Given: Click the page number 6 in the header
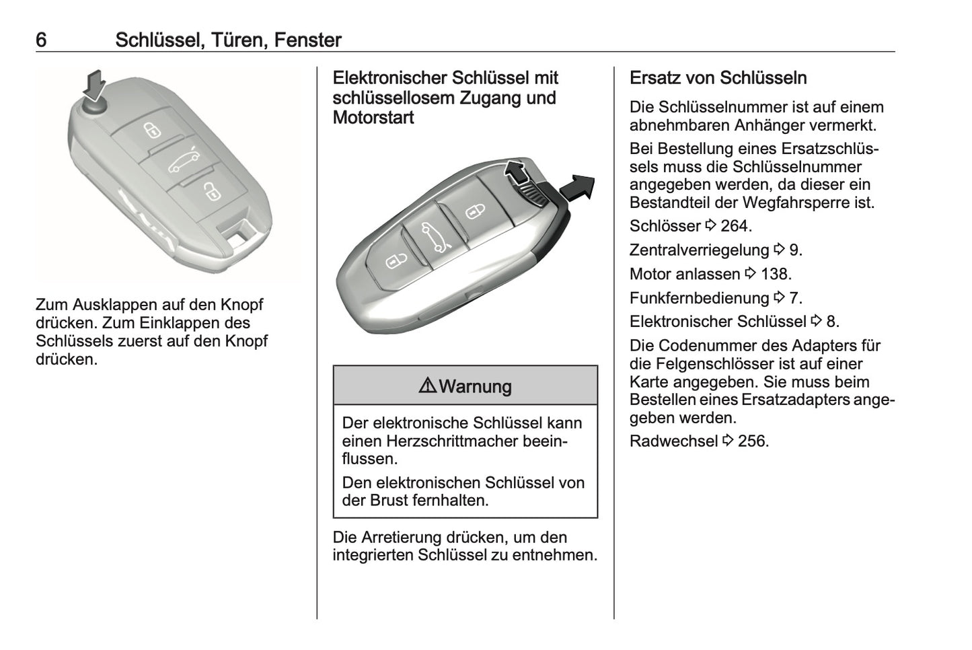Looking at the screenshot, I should [x=41, y=40].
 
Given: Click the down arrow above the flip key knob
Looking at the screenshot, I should [x=94, y=84].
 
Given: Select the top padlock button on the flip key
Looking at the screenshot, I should [x=153, y=129].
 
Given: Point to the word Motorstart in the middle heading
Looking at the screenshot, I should [x=373, y=118].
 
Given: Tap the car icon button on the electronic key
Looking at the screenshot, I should [x=432, y=237].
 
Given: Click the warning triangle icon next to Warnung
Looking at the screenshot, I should [x=427, y=386].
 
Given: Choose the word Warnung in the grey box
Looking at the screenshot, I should [x=475, y=387].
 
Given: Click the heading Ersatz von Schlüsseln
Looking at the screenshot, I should [x=718, y=78].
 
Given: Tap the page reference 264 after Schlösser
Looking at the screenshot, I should [x=735, y=226].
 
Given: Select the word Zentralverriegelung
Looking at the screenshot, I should [x=699, y=250].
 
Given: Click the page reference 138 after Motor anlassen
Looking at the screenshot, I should [x=776, y=275].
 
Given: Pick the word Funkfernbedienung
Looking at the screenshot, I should [x=699, y=298].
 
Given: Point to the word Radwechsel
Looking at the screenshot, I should [x=673, y=441].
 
